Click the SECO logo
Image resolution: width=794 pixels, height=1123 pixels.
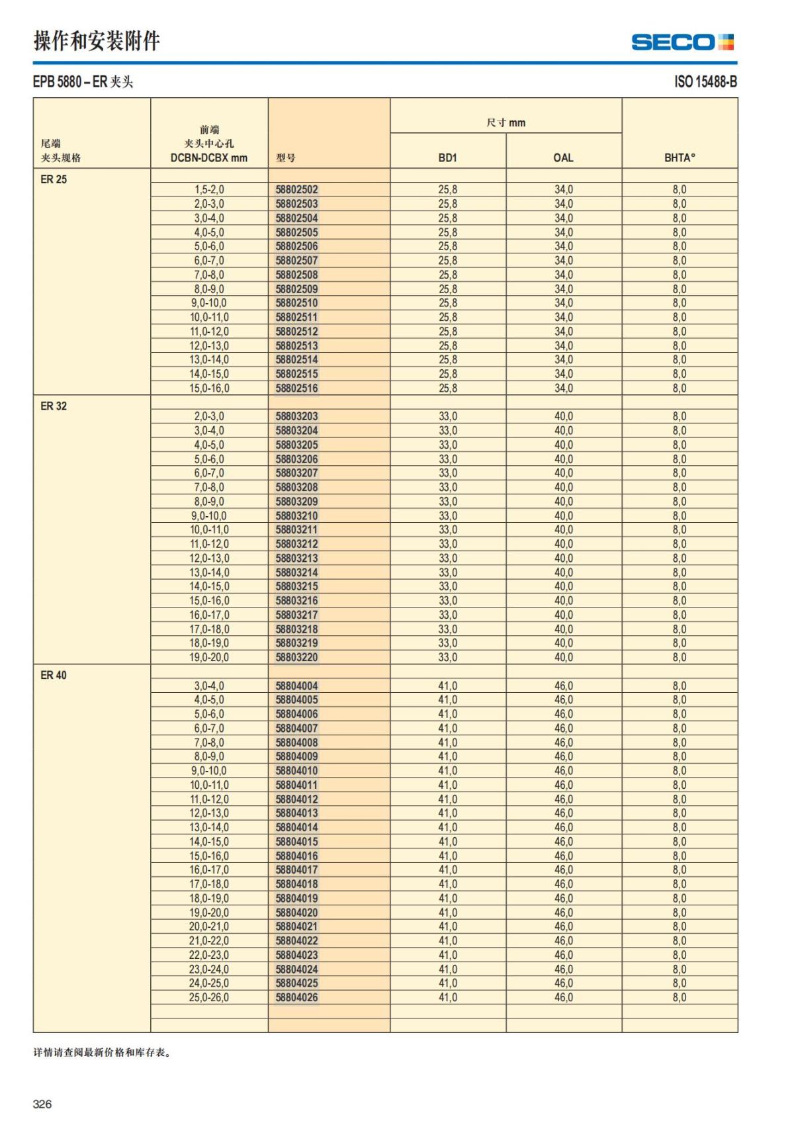pos(682,42)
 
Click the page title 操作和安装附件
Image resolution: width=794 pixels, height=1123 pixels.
pos(97,41)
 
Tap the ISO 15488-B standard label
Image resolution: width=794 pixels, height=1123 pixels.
pos(705,82)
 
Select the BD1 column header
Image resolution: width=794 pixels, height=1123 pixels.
pos(447,157)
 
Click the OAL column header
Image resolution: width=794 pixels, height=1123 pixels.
pos(563,157)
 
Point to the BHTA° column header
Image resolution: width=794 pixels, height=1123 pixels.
pos(680,157)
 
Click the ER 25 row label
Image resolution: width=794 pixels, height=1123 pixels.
pos(54,179)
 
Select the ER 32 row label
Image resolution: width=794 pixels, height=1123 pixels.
pos(54,406)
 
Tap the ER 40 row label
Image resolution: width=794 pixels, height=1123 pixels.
pos(54,675)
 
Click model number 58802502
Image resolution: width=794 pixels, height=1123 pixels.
pos(296,190)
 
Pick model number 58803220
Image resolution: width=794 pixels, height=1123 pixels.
pos(296,658)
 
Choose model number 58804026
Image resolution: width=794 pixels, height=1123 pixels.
pos(296,997)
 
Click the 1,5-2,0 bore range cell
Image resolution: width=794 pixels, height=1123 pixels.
pos(209,190)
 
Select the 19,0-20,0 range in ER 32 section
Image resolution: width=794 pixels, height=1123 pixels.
pos(209,658)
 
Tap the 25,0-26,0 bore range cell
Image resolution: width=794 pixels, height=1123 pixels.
pos(209,997)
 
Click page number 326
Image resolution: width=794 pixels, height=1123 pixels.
pos(42,1104)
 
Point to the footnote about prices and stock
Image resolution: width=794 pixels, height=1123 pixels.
pos(103,1053)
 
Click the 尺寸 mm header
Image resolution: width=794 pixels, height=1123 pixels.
pos(506,122)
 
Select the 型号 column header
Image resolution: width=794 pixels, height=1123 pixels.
pos(286,157)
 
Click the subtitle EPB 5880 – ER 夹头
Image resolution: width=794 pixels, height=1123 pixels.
pos(83,82)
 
